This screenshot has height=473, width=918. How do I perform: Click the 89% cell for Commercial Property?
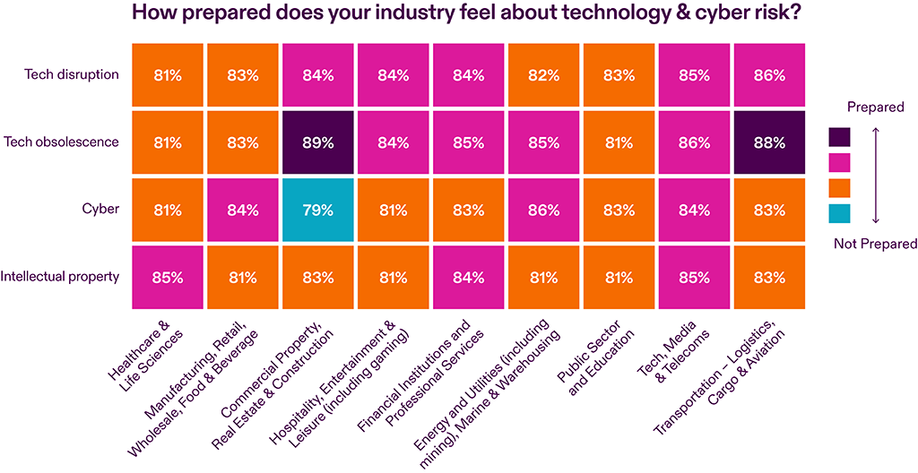point(318,142)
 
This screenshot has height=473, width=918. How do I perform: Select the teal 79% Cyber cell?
point(318,210)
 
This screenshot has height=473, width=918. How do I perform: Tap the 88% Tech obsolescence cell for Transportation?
point(769,142)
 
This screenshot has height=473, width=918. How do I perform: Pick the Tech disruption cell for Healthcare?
point(168,75)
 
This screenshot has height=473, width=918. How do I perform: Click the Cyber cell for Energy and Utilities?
point(544,210)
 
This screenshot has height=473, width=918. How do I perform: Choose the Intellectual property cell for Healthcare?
point(168,277)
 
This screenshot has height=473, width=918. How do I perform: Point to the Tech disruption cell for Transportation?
point(769,75)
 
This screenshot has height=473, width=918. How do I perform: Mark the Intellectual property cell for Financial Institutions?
point(469,277)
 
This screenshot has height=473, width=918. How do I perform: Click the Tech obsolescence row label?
point(61,142)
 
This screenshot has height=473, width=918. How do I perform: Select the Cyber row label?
point(101,210)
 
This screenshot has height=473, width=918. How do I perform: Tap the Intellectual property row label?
point(60,276)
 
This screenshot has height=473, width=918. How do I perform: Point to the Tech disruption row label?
point(72,74)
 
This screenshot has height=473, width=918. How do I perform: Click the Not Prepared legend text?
point(876,244)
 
